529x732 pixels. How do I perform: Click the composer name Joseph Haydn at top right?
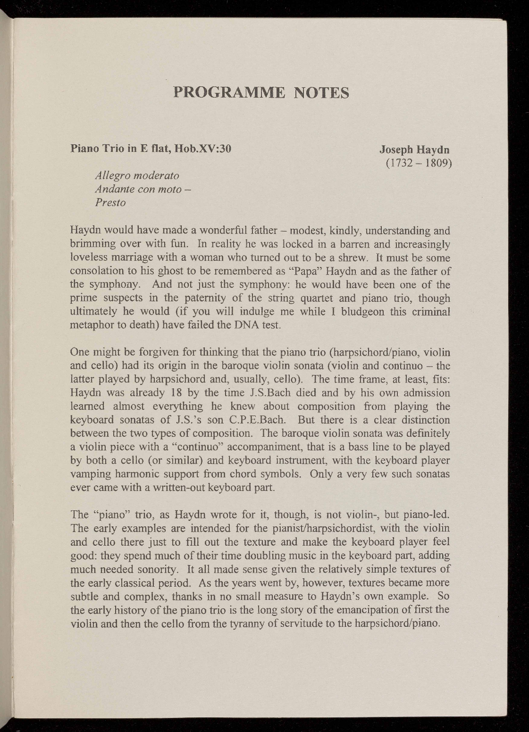tap(414, 150)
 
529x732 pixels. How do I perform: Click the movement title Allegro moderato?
tap(137, 176)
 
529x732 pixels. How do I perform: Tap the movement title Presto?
tap(110, 203)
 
